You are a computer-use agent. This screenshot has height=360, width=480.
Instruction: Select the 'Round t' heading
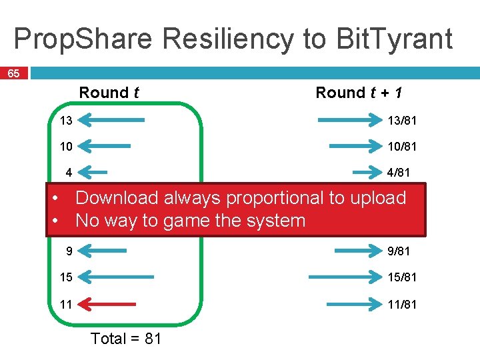109,93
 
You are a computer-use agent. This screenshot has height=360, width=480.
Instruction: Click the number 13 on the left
65,121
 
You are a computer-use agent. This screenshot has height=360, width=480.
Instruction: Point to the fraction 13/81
402,121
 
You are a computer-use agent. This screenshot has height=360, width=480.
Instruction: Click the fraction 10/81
402,146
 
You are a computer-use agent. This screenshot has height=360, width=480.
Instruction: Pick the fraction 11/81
402,304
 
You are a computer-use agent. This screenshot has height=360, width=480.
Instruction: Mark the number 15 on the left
65,277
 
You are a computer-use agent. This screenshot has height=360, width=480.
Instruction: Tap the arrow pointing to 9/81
358,251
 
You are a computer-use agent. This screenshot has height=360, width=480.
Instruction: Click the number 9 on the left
68,251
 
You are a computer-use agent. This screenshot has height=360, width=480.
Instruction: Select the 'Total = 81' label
126,339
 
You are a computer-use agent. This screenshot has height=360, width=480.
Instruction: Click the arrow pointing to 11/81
354,304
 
